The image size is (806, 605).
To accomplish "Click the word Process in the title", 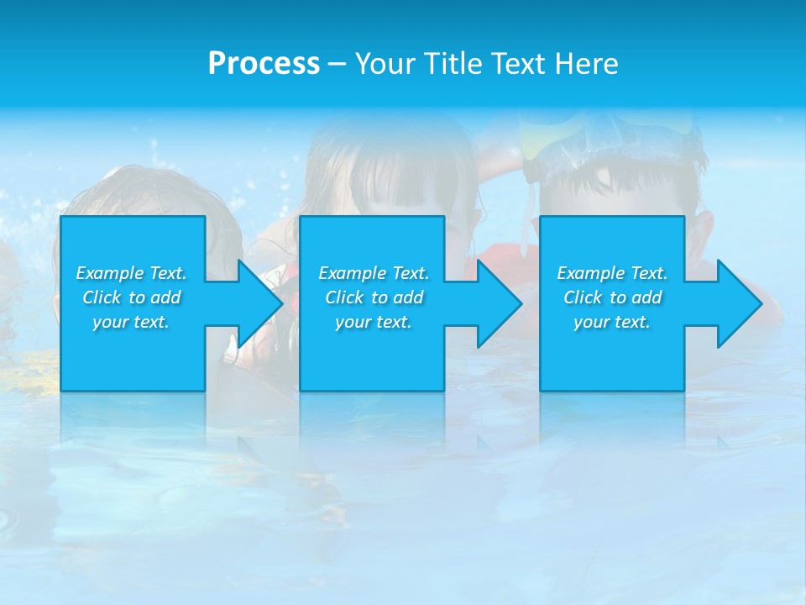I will (264, 64).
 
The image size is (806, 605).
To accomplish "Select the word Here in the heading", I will (587, 64).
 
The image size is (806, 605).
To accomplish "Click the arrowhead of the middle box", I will (498, 303).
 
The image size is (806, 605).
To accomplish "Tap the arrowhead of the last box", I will (737, 303).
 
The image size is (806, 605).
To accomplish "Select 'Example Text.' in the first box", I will (131, 273).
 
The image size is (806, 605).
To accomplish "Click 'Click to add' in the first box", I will (131, 297).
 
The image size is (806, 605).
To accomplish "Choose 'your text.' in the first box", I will (131, 322).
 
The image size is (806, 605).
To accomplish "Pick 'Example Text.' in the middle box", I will (374, 273).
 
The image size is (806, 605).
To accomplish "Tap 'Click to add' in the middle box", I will (374, 297).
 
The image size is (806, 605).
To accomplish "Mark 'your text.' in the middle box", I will (374, 322).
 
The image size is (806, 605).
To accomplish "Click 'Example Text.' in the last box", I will (612, 273).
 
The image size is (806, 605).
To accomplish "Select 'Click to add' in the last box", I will (612, 297).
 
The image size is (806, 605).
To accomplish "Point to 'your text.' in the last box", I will (612, 322).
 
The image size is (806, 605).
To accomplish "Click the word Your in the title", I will (382, 64).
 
